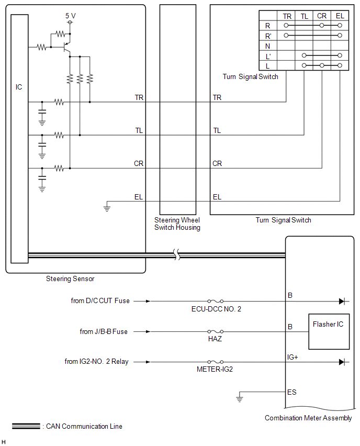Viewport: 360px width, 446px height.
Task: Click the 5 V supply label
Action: coord(71,16)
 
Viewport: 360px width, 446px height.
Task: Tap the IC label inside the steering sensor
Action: coord(19,87)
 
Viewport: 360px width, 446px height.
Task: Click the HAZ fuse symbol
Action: coord(215,331)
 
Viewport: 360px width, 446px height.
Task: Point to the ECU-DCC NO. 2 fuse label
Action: coord(216,309)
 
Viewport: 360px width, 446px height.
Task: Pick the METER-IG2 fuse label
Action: coord(215,370)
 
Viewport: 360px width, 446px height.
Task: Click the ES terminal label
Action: coord(291,392)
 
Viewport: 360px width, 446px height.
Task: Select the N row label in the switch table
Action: coord(267,46)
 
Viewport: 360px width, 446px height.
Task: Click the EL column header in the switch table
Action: coord(340,16)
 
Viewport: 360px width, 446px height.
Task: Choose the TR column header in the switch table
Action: coord(287,16)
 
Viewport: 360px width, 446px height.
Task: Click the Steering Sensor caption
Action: coord(70,279)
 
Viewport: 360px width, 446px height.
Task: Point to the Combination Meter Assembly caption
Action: coord(308,418)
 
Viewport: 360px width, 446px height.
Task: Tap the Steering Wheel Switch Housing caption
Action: coord(177,224)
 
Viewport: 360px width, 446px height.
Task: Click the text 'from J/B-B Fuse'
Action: coord(104,331)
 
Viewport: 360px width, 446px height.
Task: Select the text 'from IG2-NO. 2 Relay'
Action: coord(97,362)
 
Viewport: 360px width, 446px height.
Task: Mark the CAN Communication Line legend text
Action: coord(84,426)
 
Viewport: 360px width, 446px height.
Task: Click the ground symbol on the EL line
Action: coord(107,208)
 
